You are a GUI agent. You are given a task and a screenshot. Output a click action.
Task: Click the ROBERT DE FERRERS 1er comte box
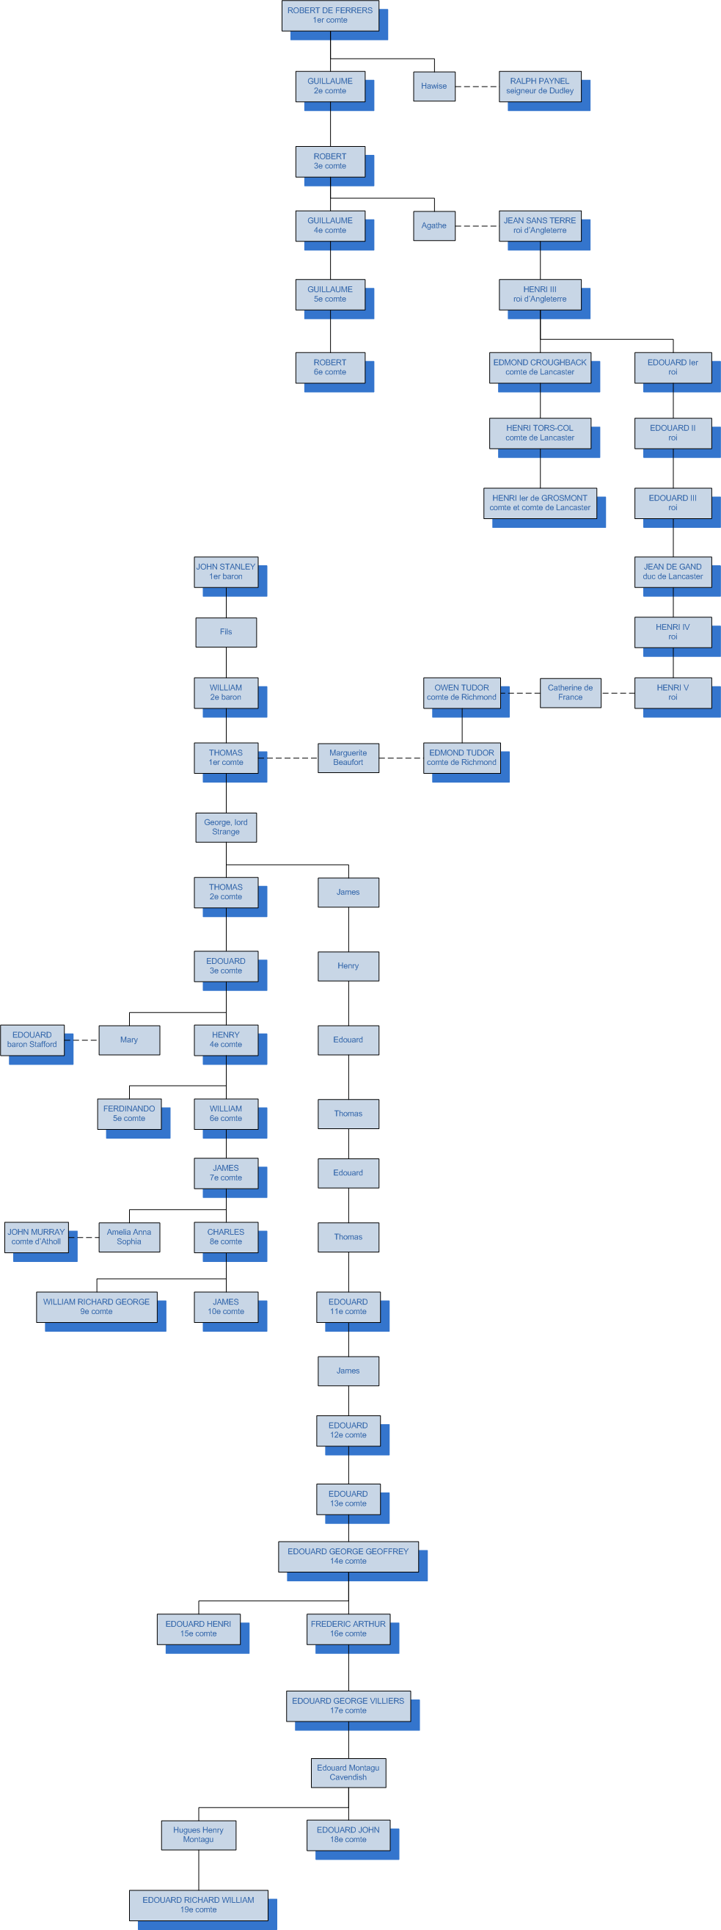click(329, 15)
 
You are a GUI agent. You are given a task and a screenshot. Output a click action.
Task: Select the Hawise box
click(433, 86)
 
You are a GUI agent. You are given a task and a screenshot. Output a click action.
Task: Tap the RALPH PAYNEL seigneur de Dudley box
click(539, 86)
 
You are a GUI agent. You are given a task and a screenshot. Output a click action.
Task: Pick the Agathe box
click(433, 225)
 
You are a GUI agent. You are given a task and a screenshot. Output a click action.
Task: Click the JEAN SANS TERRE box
click(539, 225)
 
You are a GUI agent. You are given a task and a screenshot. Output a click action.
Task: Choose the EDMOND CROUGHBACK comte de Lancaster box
click(539, 367)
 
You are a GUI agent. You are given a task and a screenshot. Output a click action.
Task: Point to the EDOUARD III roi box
click(673, 503)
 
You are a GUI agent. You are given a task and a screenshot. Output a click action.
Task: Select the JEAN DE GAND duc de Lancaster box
click(673, 572)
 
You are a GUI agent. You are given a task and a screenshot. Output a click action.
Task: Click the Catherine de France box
click(570, 692)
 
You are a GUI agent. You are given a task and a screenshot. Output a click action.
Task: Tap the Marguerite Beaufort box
click(348, 758)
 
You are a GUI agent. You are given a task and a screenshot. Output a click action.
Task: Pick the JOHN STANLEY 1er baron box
click(225, 572)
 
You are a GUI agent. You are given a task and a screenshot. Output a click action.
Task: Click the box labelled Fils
click(225, 631)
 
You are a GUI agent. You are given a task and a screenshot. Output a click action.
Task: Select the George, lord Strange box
click(225, 827)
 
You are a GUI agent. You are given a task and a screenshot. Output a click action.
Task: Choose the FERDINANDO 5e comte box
click(129, 1114)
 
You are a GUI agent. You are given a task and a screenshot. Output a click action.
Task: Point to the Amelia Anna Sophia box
click(129, 1237)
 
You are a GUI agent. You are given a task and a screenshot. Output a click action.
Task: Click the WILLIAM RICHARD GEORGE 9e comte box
click(97, 1307)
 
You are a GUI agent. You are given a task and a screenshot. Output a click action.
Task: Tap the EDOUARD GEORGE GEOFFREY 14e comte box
click(348, 1556)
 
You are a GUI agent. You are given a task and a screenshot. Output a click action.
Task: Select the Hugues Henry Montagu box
click(199, 1834)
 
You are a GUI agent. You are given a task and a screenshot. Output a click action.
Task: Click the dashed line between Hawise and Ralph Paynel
click(477, 87)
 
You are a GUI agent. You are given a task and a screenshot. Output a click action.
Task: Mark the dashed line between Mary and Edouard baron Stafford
click(81, 1040)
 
